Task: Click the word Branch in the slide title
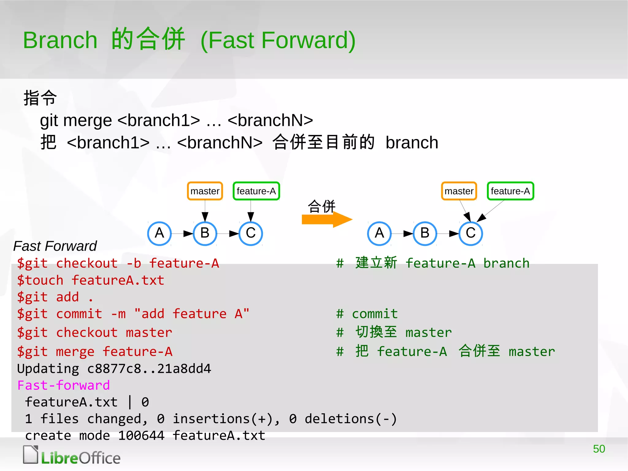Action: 60,40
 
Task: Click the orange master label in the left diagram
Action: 205,191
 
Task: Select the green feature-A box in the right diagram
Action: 510,191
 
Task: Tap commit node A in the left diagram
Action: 159,233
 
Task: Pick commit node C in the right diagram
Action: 471,233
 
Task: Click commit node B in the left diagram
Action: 205,233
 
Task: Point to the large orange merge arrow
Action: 326,219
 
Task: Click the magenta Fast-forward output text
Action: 63,385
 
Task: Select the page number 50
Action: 599,449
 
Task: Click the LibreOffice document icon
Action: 31,454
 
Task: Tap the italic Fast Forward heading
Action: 55,246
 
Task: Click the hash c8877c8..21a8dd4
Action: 149,369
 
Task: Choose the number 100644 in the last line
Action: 141,436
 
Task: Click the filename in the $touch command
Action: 118,280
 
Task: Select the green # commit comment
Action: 367,314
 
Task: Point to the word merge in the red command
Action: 75,352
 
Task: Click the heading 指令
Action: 40,98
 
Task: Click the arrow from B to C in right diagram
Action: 448,234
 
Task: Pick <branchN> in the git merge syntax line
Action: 270,120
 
